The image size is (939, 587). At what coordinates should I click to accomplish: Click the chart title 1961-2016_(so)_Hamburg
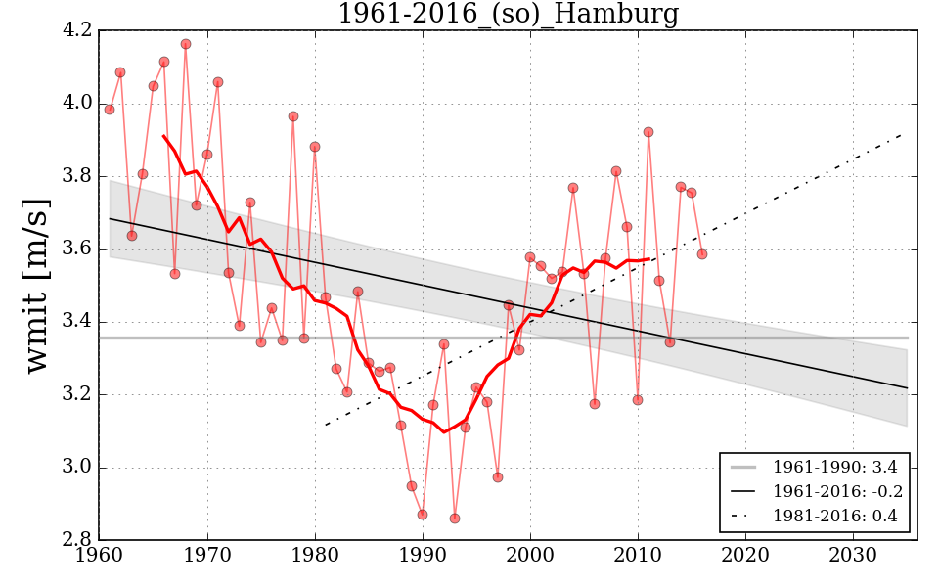click(x=508, y=14)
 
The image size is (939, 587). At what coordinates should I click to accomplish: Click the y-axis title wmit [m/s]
click(x=36, y=285)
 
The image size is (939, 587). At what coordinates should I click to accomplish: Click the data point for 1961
click(x=110, y=110)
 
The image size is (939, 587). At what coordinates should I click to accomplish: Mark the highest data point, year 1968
click(x=186, y=44)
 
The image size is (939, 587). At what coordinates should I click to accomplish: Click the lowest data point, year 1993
click(x=454, y=519)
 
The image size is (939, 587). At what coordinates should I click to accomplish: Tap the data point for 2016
click(x=701, y=254)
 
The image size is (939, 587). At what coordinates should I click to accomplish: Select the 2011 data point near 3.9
click(x=648, y=132)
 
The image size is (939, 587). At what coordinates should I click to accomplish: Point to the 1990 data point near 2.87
click(x=423, y=515)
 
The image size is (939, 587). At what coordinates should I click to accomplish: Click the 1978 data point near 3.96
click(x=292, y=116)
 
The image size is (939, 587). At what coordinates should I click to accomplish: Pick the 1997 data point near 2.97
click(x=497, y=477)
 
